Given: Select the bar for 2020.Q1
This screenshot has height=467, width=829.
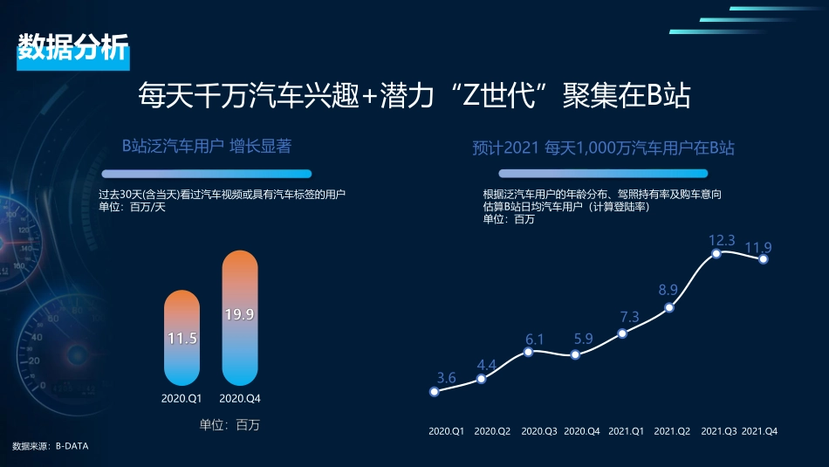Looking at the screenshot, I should (x=182, y=338).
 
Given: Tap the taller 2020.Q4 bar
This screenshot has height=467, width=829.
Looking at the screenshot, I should (x=240, y=319).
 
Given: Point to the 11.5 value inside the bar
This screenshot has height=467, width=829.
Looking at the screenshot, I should (x=182, y=338).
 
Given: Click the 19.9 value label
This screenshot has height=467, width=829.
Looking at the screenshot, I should (x=240, y=314).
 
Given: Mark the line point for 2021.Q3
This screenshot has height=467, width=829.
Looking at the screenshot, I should (x=716, y=253).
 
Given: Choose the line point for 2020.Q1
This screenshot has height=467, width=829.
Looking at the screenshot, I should (x=435, y=391).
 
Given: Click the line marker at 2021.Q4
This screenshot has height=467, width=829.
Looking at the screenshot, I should (x=764, y=258).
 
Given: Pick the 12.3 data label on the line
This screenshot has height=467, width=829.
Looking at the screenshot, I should (x=722, y=240).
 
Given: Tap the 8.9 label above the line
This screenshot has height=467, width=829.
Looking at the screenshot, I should (x=668, y=290).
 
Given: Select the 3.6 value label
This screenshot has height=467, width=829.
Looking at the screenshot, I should (x=446, y=378).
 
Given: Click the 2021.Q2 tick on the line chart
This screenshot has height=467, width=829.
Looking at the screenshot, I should (x=672, y=431).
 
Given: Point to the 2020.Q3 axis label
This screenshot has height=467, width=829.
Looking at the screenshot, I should (x=539, y=431).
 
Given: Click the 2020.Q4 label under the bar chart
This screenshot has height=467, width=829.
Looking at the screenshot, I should (x=240, y=399).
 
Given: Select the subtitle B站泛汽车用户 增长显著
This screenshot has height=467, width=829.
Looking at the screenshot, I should (x=206, y=146).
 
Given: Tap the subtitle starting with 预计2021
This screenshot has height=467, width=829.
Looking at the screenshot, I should (x=603, y=148).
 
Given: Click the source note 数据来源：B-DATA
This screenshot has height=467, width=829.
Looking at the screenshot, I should (x=51, y=446).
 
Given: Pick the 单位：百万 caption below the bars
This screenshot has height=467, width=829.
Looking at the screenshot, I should (x=230, y=425).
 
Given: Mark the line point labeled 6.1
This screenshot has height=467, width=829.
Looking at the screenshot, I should (x=528, y=352).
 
